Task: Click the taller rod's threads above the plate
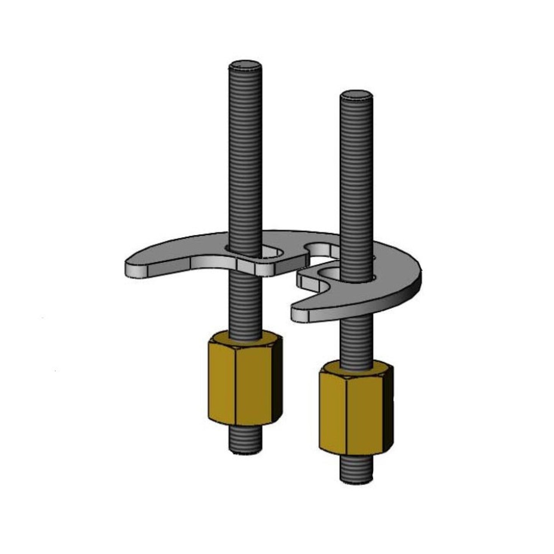[246, 153]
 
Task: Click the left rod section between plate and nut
[246, 303]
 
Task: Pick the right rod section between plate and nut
[356, 337]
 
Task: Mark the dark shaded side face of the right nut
[388, 410]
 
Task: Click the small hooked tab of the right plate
[307, 282]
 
